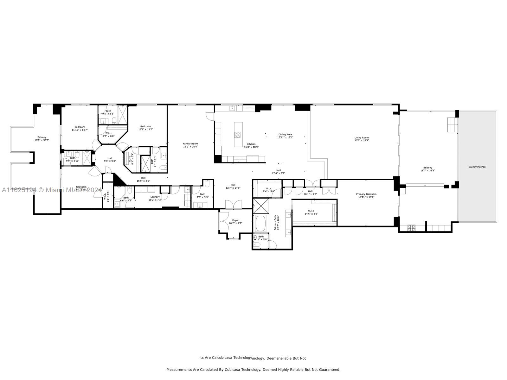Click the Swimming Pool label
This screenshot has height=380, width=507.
[x=477, y=167]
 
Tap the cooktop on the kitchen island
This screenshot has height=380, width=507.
[x=237, y=135]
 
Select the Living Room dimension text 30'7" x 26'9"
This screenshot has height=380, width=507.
[x=362, y=140]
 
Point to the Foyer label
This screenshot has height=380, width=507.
[x=235, y=220]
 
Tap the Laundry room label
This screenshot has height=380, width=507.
[x=155, y=197]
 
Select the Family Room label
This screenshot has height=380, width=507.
[x=190, y=144]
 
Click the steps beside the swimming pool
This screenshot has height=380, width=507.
[x=452, y=125]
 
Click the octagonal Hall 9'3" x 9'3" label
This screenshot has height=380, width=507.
[x=110, y=158]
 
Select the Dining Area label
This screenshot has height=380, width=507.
[x=285, y=134]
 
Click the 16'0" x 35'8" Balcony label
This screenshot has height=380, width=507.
[x=42, y=137]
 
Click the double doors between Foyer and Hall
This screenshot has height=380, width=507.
[x=233, y=205]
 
